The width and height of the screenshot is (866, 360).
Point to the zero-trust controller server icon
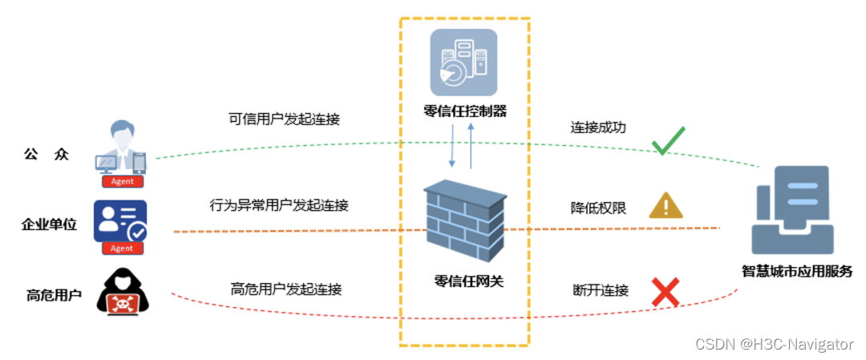click(463, 63)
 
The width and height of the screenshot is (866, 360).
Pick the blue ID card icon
click(120, 221)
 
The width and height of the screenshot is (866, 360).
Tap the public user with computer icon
click(122, 148)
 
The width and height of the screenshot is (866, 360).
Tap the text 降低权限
click(598, 208)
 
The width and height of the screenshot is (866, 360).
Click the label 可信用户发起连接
click(284, 119)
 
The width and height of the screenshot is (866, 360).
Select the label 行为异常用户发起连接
click(279, 205)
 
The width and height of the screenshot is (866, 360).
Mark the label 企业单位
click(49, 224)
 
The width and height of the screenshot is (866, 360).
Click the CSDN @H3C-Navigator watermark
click(774, 344)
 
